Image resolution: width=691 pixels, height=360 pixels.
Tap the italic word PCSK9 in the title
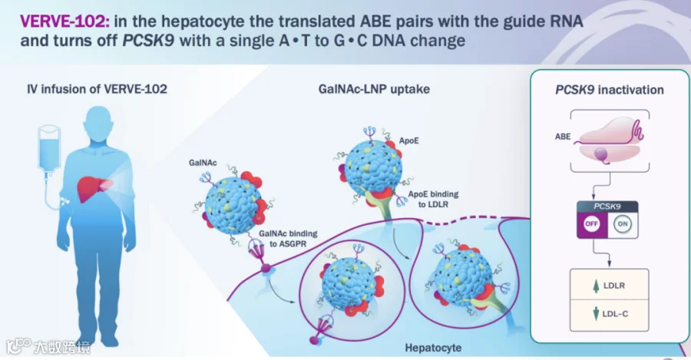[148, 41]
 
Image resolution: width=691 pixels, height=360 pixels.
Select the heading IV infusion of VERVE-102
[97, 89]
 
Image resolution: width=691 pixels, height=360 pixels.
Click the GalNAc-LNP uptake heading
[374, 89]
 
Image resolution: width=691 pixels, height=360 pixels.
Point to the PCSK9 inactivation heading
[610, 90]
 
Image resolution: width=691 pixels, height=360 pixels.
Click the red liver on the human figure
[94, 189]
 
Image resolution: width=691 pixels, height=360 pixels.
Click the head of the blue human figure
[98, 124]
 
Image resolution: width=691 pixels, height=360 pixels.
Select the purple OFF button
[591, 223]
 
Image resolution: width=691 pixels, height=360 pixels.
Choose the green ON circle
[622, 223]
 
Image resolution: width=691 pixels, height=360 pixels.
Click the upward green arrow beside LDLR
[596, 286]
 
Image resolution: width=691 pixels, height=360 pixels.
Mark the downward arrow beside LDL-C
[596, 314]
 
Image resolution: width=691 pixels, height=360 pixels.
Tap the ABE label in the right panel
[563, 137]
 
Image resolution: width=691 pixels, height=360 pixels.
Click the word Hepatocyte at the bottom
[433, 348]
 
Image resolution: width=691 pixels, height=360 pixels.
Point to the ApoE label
[409, 141]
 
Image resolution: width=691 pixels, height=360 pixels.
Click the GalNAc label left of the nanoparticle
[203, 163]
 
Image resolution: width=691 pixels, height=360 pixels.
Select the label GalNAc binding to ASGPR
[288, 239]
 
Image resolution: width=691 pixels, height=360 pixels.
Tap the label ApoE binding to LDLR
[433, 199]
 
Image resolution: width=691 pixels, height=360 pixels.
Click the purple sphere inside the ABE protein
[601, 154]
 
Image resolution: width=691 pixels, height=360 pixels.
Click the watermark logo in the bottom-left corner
[18, 346]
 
